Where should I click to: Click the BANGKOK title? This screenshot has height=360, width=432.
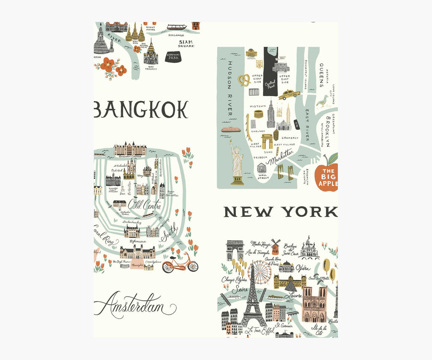pyautogui.click(x=141, y=110)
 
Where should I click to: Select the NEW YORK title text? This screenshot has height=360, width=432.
pyautogui.click(x=280, y=212)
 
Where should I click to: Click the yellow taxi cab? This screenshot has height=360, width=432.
pyautogui.click(x=289, y=94)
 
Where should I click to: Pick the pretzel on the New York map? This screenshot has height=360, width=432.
pyautogui.click(x=243, y=80)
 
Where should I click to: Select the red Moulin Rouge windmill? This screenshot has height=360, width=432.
pyautogui.click(x=275, y=246)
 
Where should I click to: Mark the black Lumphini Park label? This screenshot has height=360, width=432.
pyautogui.click(x=173, y=56)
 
